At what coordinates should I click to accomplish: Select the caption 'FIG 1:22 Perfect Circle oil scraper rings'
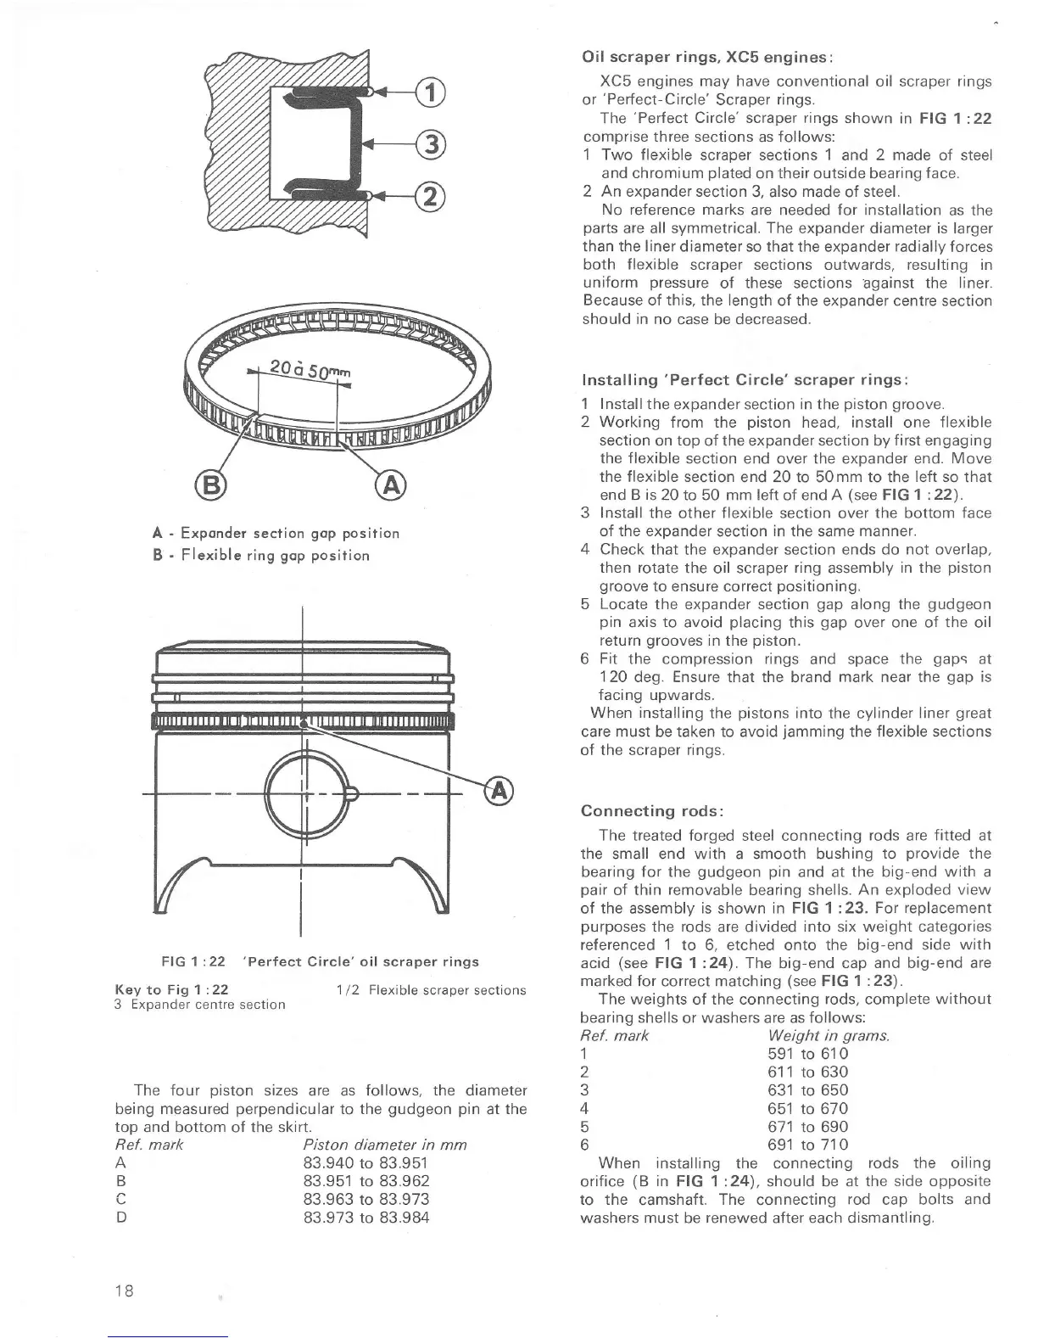pyautogui.click(x=320, y=961)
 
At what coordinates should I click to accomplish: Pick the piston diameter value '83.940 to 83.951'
pyautogui.click(x=366, y=1163)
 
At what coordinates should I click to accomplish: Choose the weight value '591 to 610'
pyautogui.click(x=807, y=1054)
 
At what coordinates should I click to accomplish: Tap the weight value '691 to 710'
pyautogui.click(x=807, y=1145)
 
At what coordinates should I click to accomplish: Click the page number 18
pyautogui.click(x=125, y=1291)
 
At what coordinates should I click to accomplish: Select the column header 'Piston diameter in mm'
pyautogui.click(x=385, y=1145)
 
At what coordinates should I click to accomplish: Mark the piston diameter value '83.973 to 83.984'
pyautogui.click(x=366, y=1218)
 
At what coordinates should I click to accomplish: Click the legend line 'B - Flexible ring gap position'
pyautogui.click(x=261, y=556)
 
